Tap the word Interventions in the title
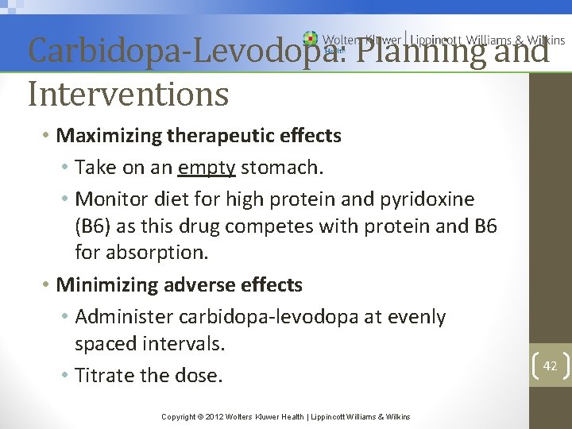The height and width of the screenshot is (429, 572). pos(128,94)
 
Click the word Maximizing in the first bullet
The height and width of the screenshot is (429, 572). pos(109,136)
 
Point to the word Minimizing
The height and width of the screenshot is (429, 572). pos(109,284)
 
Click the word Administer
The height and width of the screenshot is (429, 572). pos(125,317)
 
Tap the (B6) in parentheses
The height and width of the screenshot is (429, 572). pos(92,226)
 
